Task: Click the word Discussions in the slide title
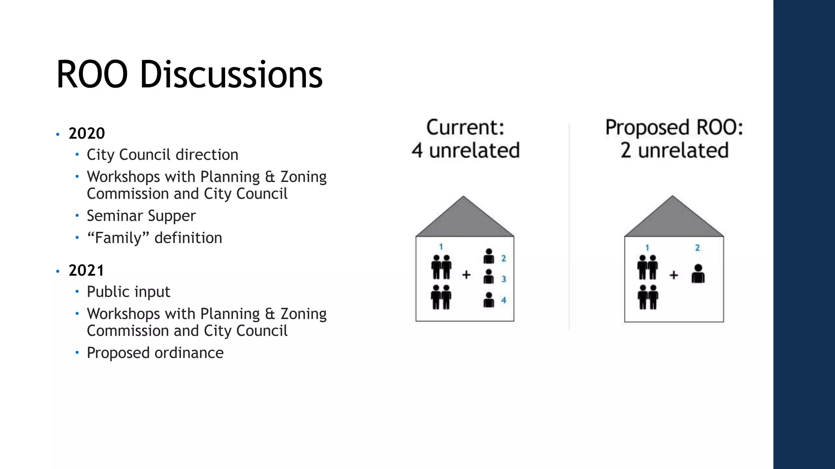pyautogui.click(x=231, y=75)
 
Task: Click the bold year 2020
pyautogui.click(x=86, y=134)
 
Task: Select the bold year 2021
pyautogui.click(x=86, y=270)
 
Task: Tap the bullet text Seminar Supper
pyautogui.click(x=141, y=216)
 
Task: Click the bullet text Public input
pyautogui.click(x=128, y=292)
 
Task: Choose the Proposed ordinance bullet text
pyautogui.click(x=155, y=353)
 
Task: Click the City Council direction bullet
pyautogui.click(x=162, y=155)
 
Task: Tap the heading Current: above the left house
pyautogui.click(x=465, y=127)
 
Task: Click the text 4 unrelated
pyautogui.click(x=465, y=150)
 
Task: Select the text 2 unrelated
pyautogui.click(x=674, y=150)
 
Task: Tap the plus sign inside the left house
pyautogui.click(x=466, y=275)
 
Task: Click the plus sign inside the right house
pyautogui.click(x=674, y=276)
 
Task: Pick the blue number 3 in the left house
pyautogui.click(x=504, y=279)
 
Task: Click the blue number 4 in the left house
pyautogui.click(x=504, y=300)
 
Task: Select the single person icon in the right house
pyautogui.click(x=698, y=274)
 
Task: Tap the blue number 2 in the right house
pyautogui.click(x=697, y=248)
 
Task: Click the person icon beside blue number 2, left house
pyautogui.click(x=488, y=256)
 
